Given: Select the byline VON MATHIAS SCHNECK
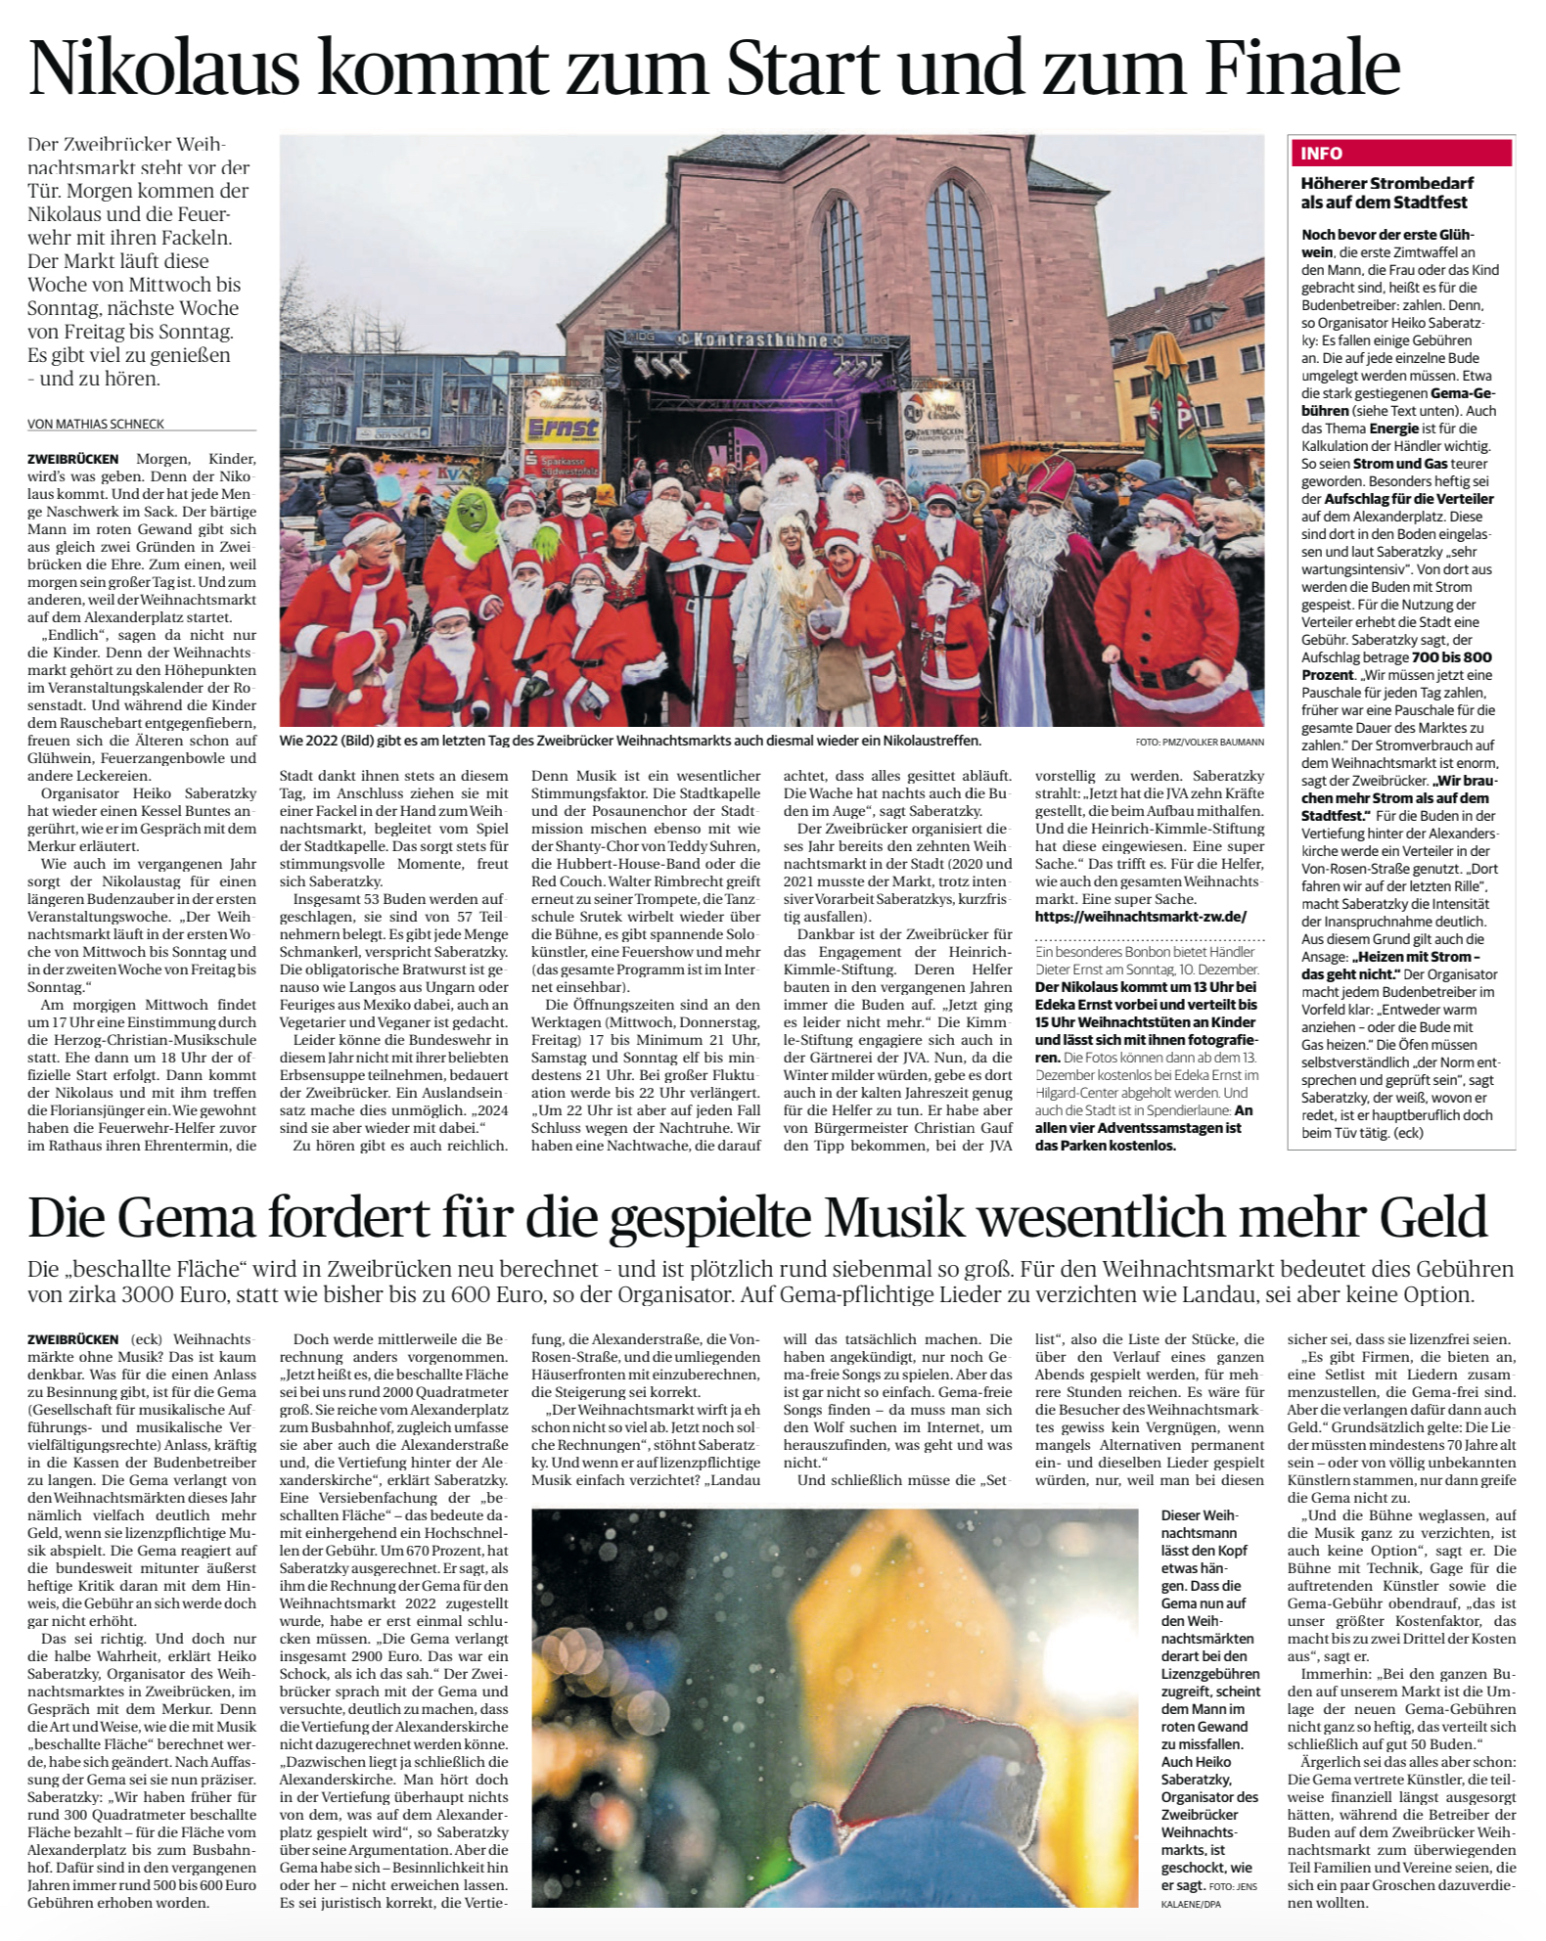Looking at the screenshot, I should click(96, 424).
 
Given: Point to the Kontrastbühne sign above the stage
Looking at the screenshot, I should click(759, 339).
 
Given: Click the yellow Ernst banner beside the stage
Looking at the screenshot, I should click(563, 428).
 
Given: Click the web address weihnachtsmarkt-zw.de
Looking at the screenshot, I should click(1141, 917).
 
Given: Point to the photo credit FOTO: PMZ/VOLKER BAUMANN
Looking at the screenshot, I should click(1200, 742).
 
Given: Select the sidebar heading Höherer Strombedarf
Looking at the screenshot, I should click(1387, 183).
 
